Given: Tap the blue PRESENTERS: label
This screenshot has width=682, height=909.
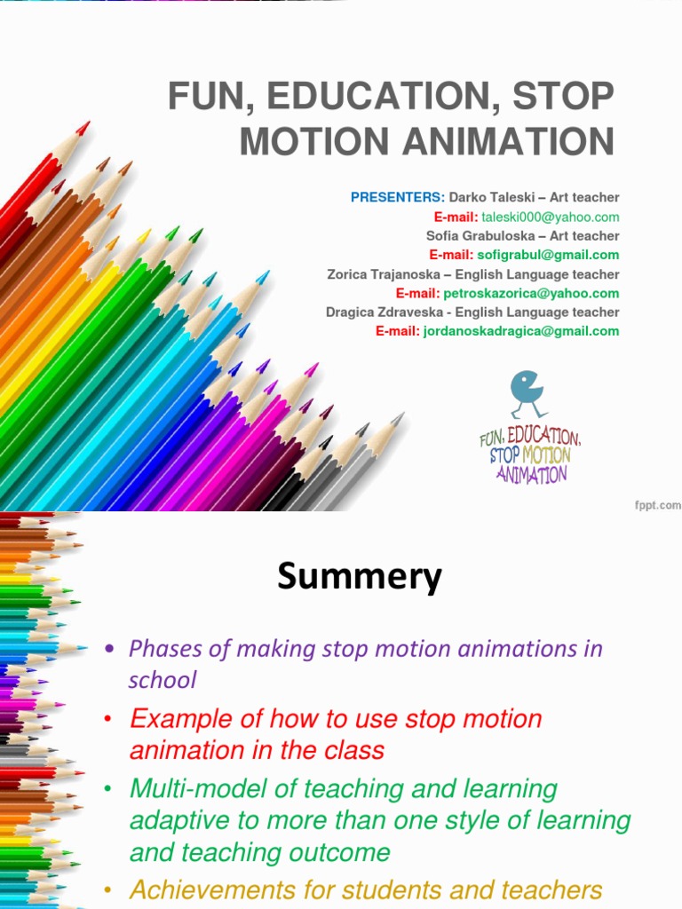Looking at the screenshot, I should pyautogui.click(x=397, y=197).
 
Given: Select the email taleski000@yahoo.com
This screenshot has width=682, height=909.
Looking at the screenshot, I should pyautogui.click(x=551, y=217).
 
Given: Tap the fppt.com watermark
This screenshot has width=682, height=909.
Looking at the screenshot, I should pyautogui.click(x=657, y=505).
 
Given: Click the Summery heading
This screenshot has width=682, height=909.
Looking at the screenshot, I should pyautogui.click(x=359, y=578).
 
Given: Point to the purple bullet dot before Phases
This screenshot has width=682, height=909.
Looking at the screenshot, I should pyautogui.click(x=110, y=649).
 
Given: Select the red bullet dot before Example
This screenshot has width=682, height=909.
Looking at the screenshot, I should pyautogui.click(x=110, y=719).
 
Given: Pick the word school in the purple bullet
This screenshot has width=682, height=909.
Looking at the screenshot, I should pyautogui.click(x=162, y=681).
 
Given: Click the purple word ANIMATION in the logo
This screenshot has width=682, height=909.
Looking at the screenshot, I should pyautogui.click(x=531, y=474).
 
